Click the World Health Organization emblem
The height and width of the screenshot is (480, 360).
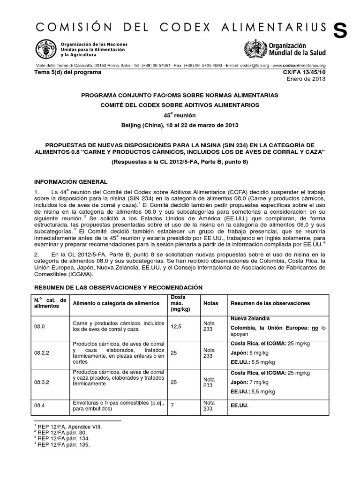click(253, 49)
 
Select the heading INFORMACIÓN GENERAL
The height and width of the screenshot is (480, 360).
click(71, 181)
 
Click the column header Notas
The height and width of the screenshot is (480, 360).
click(211, 303)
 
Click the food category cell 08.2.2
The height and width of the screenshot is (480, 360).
click(43, 352)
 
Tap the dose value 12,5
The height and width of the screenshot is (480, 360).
click(175, 326)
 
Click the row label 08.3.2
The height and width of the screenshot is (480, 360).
click(43, 382)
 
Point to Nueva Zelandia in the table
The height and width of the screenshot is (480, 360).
click(250, 318)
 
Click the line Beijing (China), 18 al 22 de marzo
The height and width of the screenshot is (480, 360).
click(180, 125)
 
